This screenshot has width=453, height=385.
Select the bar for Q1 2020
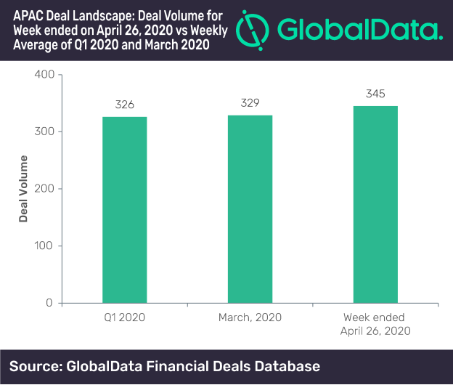[124, 209]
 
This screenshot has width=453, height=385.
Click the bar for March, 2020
[250, 208]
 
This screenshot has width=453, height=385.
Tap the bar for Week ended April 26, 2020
[375, 204]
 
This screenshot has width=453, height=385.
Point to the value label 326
[125, 105]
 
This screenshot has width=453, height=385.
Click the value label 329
[250, 103]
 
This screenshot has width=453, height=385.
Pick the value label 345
[375, 93]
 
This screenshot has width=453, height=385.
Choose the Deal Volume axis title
[23, 189]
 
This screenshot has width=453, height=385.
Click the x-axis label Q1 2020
[124, 317]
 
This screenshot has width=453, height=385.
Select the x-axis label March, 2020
[250, 317]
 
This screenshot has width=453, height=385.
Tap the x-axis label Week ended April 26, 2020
[375, 324]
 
